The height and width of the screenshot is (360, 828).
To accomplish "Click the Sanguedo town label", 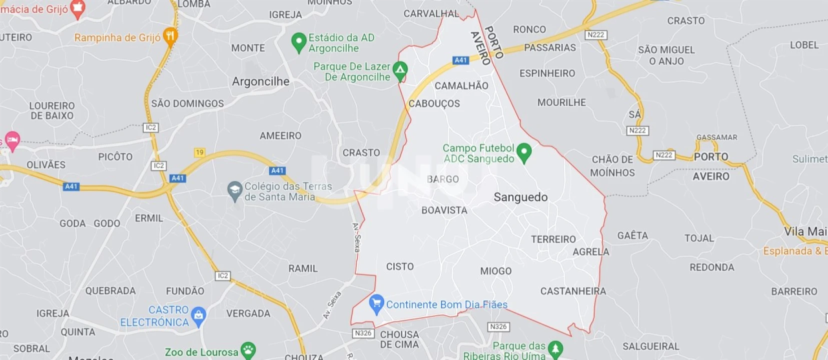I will (x=520, y=197).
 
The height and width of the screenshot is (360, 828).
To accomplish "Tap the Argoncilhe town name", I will (x=261, y=81).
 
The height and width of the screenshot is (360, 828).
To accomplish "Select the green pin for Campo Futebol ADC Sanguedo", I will (x=524, y=152).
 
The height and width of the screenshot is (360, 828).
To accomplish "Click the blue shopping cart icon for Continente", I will (x=376, y=303).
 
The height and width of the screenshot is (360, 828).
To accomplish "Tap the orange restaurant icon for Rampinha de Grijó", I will (x=171, y=36).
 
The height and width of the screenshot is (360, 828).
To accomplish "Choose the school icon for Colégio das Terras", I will (x=235, y=190).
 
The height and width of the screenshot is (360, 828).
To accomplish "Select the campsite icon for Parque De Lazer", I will (x=400, y=70).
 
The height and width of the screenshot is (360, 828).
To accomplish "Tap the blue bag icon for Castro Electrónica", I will (x=199, y=315).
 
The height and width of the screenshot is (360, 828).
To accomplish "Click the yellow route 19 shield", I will (x=200, y=152).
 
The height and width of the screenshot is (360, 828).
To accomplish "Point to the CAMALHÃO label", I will (x=461, y=86).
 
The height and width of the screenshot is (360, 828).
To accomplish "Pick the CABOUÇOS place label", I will (x=434, y=103).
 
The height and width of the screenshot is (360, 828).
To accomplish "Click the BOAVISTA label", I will (x=444, y=210).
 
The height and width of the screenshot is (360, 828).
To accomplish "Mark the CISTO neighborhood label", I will (x=400, y=266).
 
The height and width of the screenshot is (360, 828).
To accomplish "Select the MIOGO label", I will (x=496, y=271).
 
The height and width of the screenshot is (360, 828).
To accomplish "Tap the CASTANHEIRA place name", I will (x=573, y=291).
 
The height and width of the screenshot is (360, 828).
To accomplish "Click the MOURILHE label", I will (x=561, y=102).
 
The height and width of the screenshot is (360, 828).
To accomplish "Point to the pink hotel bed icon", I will (x=13, y=140).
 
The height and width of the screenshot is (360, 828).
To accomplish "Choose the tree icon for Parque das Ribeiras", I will (x=555, y=348).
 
